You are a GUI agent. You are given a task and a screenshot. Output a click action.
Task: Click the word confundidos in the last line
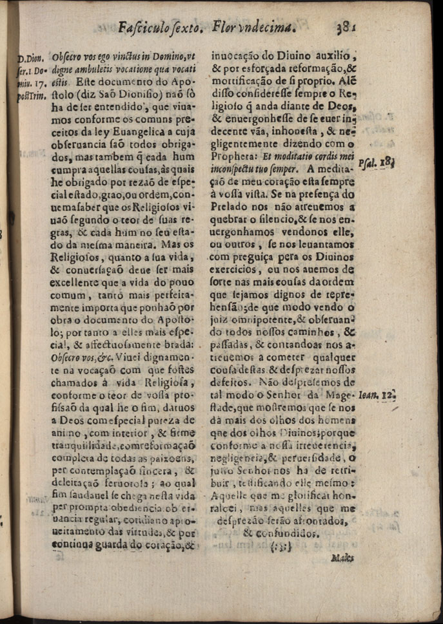[x=282, y=533]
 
